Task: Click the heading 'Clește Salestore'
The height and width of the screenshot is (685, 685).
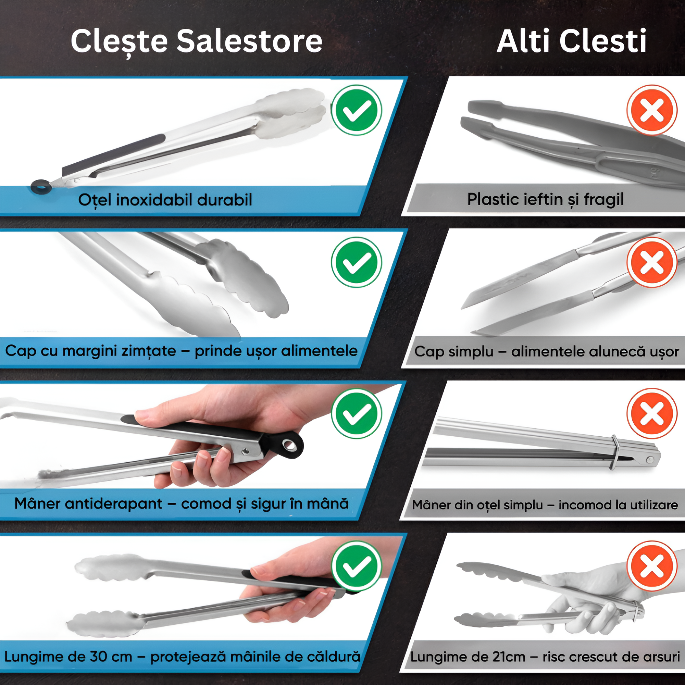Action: (196, 42)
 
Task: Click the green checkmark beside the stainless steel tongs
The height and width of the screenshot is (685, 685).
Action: (356, 110)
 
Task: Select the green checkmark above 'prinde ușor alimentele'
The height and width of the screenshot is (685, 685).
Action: (356, 262)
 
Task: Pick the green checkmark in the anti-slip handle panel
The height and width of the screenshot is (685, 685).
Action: (356, 413)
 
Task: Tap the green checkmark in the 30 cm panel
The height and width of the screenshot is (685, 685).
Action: (356, 566)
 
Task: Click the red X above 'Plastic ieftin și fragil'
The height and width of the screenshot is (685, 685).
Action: (652, 110)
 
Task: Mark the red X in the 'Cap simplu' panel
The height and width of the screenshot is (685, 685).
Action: (652, 262)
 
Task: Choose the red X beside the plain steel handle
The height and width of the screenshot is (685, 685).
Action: (652, 413)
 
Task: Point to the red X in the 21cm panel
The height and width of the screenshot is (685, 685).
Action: (652, 566)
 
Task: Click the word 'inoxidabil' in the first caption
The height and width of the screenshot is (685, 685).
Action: (155, 200)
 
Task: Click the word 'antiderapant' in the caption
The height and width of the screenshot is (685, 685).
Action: (113, 504)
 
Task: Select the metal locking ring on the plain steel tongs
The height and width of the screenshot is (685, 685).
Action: (615, 452)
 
